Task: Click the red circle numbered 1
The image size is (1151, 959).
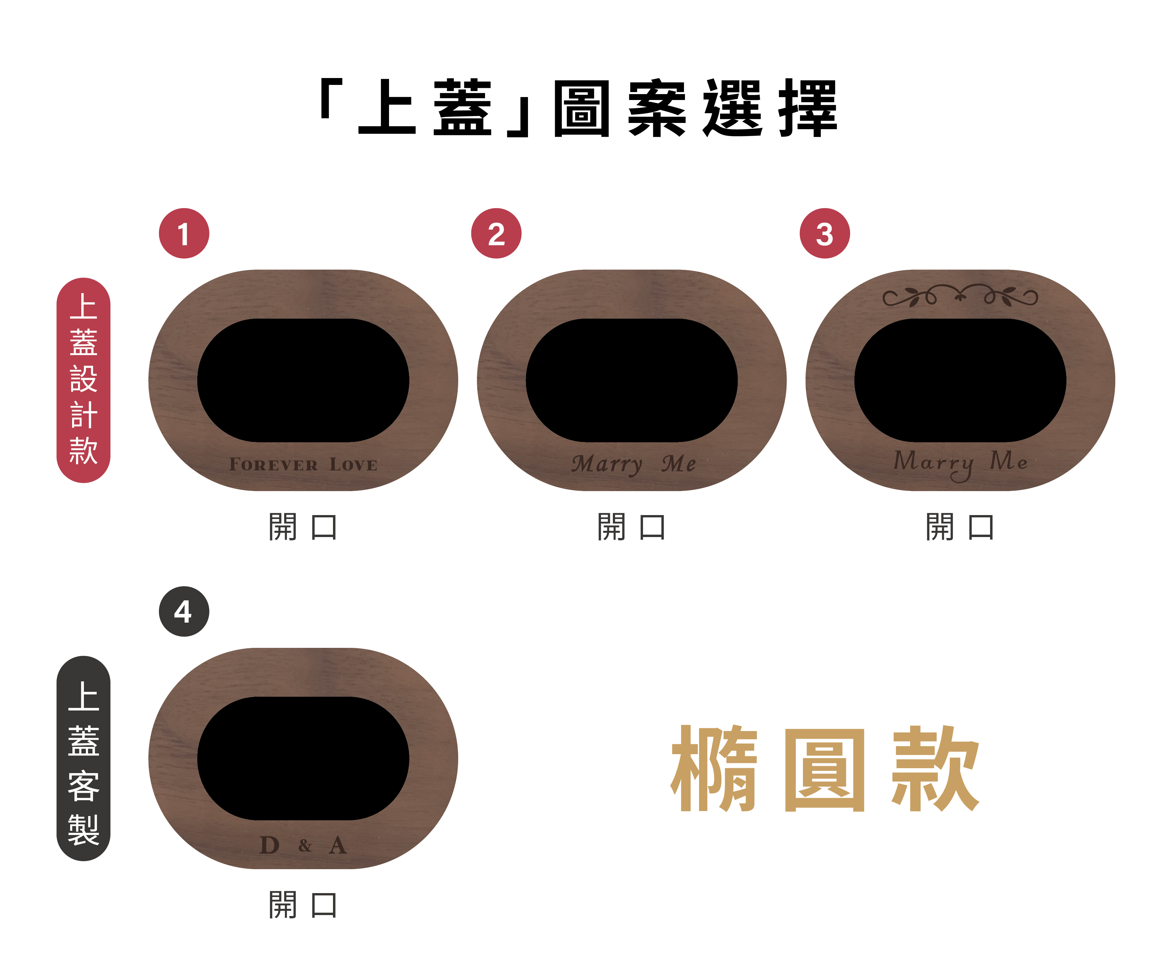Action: tap(184, 233)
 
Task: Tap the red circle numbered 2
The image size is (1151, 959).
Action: tap(496, 233)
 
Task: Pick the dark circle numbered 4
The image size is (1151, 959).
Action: tap(184, 611)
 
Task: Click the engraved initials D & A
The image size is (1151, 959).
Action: tap(303, 845)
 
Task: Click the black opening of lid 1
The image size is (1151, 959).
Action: tap(303, 380)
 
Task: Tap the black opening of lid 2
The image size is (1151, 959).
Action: tap(632, 380)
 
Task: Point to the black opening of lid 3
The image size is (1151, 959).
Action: tap(960, 380)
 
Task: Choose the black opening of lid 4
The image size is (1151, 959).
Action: tap(303, 758)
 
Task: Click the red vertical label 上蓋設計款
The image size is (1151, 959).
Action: tap(83, 380)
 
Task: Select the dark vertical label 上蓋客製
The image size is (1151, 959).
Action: tap(83, 758)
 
